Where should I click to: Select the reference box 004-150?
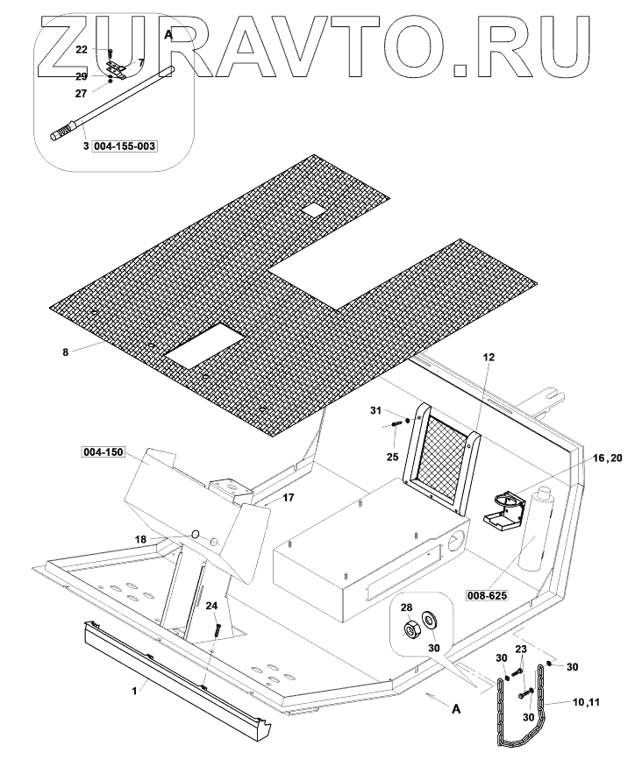coord(103,452)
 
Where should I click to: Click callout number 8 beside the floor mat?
coord(65,352)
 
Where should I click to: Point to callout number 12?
coord(489,358)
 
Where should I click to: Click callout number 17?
coord(264,497)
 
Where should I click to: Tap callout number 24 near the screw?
coord(210,606)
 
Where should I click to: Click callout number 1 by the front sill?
coord(134,691)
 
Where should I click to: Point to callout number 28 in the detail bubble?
coord(406,607)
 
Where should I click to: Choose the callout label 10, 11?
coord(593,703)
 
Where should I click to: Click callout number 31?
coord(374,411)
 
